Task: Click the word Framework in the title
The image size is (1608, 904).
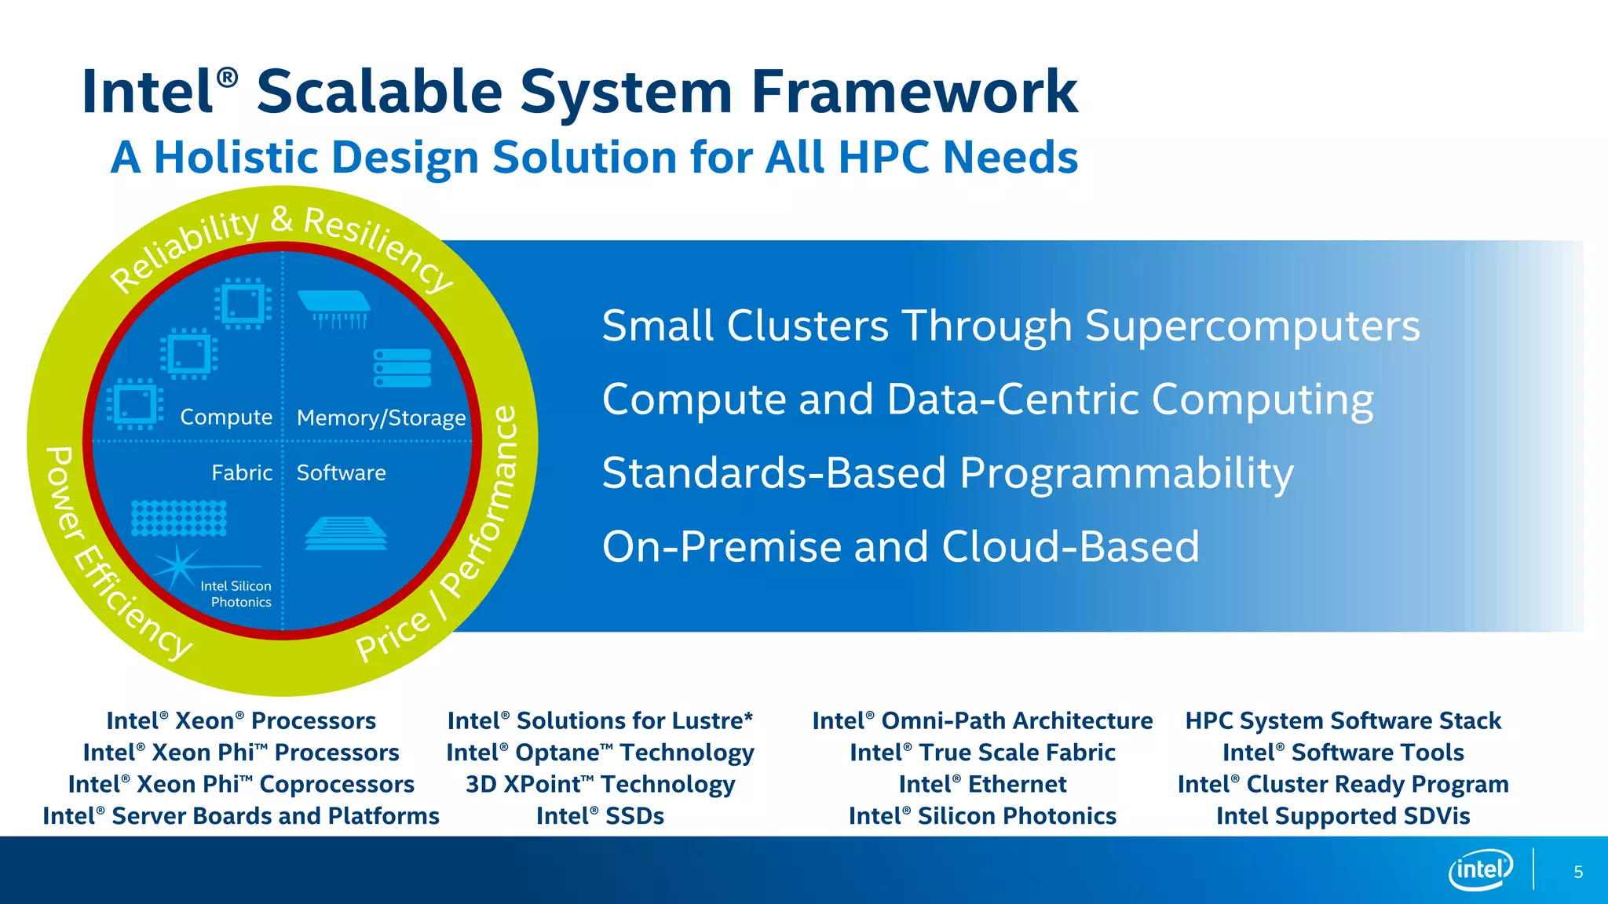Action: [x=914, y=92]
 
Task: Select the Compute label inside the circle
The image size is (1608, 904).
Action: [x=226, y=417]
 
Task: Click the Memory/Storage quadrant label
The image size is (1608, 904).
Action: [x=381, y=417]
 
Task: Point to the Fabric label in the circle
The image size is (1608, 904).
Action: [x=242, y=472]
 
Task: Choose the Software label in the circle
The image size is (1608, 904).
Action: [x=341, y=472]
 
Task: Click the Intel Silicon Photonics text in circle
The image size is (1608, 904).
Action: [x=236, y=594]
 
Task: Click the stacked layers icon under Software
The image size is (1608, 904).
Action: [x=345, y=534]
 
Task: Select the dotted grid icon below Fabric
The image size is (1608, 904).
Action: [x=179, y=518]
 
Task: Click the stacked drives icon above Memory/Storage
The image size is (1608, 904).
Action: [x=403, y=367]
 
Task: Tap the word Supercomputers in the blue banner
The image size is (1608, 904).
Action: [x=1252, y=326]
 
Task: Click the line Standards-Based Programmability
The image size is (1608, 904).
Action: [x=947, y=473]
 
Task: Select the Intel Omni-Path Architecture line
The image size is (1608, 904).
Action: [x=982, y=720]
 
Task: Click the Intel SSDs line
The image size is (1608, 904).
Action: [x=600, y=816]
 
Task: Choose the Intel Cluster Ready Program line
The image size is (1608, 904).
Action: [x=1343, y=784]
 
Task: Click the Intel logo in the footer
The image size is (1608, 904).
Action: [x=1480, y=869]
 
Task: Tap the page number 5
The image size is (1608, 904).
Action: [x=1578, y=872]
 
